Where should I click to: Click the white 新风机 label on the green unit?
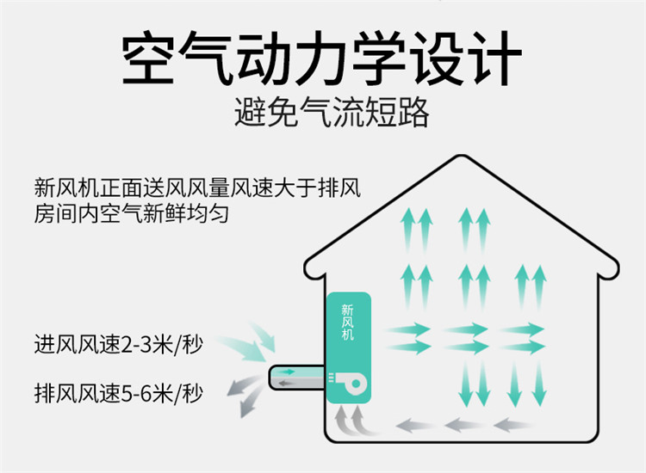(x=348, y=323)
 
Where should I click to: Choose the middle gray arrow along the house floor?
(x=464, y=423)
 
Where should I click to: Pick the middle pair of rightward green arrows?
(x=465, y=338)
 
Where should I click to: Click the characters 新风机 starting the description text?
(x=62, y=187)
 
